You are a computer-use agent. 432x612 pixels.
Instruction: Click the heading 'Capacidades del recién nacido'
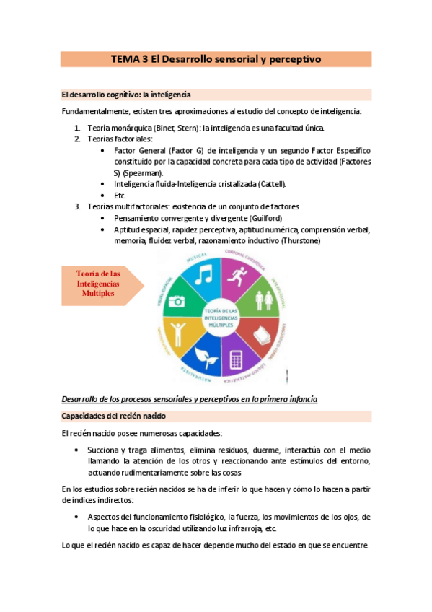click(113, 416)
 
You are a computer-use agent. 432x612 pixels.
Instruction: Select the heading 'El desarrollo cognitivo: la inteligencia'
click(125, 95)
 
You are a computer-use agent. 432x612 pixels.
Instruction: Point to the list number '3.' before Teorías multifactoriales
click(78, 206)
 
